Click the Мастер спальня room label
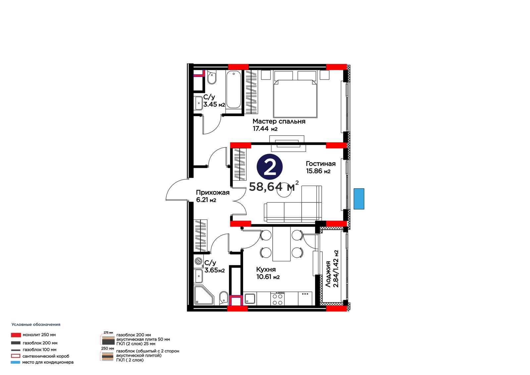click(x=279, y=122)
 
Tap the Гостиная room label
click(x=321, y=164)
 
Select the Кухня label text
click(x=266, y=270)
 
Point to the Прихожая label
click(x=213, y=193)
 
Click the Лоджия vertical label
click(x=328, y=274)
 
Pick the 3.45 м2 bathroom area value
click(x=214, y=104)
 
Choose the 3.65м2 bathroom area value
click(x=214, y=270)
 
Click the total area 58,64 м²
click(x=274, y=186)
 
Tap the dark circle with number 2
click(x=270, y=167)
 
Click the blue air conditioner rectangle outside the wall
click(x=359, y=199)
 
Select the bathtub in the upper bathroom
click(x=234, y=90)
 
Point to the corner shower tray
click(x=204, y=295)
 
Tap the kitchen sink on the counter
click(x=250, y=299)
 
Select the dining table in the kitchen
click(x=281, y=244)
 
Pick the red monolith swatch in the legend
click(x=16, y=335)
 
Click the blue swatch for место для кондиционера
click(x=15, y=362)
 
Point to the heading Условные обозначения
click(x=36, y=325)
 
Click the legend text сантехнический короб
click(x=46, y=356)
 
